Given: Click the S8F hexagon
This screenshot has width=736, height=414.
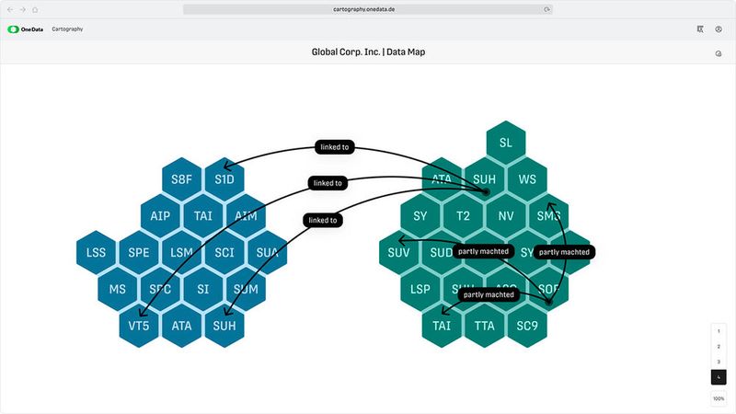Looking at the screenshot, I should (x=182, y=179).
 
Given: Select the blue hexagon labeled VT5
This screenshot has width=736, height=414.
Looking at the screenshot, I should (x=140, y=325).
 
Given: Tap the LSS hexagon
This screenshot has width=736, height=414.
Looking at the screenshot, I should (x=97, y=252).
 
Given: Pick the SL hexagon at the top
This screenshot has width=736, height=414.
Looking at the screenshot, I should (x=506, y=143).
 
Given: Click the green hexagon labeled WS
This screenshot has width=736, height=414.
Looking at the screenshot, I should (x=527, y=179).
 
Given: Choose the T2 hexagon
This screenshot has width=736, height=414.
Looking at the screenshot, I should (x=463, y=216).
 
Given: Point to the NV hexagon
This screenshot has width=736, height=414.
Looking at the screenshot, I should (x=506, y=216).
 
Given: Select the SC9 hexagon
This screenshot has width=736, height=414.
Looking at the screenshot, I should (x=527, y=325).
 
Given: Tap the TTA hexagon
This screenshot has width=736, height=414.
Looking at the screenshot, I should (x=484, y=325).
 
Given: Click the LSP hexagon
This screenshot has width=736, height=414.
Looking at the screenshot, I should (x=420, y=289).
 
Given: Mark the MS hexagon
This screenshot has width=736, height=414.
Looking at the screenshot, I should (x=118, y=289).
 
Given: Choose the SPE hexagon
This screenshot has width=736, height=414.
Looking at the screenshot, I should (x=139, y=252).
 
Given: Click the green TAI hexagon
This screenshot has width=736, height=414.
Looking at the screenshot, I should (x=442, y=325).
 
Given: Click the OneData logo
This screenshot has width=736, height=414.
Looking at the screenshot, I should (x=26, y=29).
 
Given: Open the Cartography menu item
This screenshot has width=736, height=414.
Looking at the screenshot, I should (x=67, y=29).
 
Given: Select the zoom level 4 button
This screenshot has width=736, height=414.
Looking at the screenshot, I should (x=719, y=377).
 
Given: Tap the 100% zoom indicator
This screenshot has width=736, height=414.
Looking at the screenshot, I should (x=719, y=398).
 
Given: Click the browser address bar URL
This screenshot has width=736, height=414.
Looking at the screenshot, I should (x=368, y=8).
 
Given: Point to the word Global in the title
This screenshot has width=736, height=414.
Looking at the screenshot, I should (x=329, y=52).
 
